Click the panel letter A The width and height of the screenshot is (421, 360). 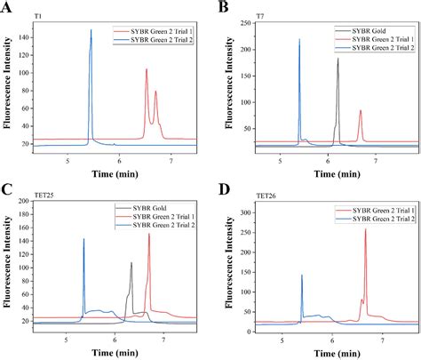pyautogui.click(x=8, y=8)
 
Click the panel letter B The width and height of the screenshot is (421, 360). pyautogui.click(x=223, y=8)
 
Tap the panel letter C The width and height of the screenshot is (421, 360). pyautogui.click(x=8, y=189)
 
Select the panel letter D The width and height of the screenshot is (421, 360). pyautogui.click(x=223, y=189)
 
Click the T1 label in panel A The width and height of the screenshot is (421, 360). pyautogui.click(x=36, y=17)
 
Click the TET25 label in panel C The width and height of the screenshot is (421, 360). pyautogui.click(x=42, y=197)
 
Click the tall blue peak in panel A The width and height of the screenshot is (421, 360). pyautogui.click(x=91, y=36)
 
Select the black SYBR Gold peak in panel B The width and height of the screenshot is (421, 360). pyautogui.click(x=338, y=62)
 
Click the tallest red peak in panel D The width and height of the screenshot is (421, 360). pyautogui.click(x=365, y=233)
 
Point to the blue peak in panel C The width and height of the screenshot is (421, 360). pyautogui.click(x=83, y=242)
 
